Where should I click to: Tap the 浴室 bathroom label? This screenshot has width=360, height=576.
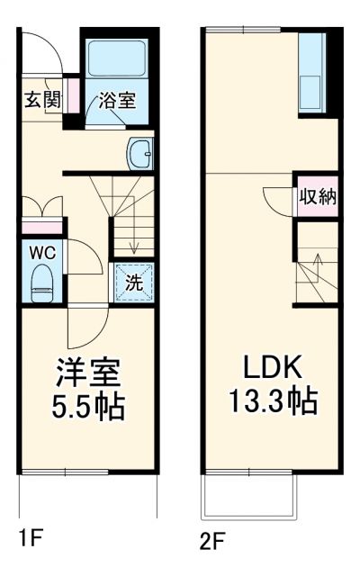(x=117, y=99)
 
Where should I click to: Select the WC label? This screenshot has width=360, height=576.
(x=41, y=253)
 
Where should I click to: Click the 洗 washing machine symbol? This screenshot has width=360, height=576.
(x=133, y=282)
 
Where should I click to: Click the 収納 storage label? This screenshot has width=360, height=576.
(x=318, y=196)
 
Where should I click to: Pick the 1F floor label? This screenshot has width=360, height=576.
(x=30, y=539)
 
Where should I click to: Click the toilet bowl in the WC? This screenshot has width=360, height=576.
(x=41, y=287)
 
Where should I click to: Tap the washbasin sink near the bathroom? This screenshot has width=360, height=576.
(x=141, y=154)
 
